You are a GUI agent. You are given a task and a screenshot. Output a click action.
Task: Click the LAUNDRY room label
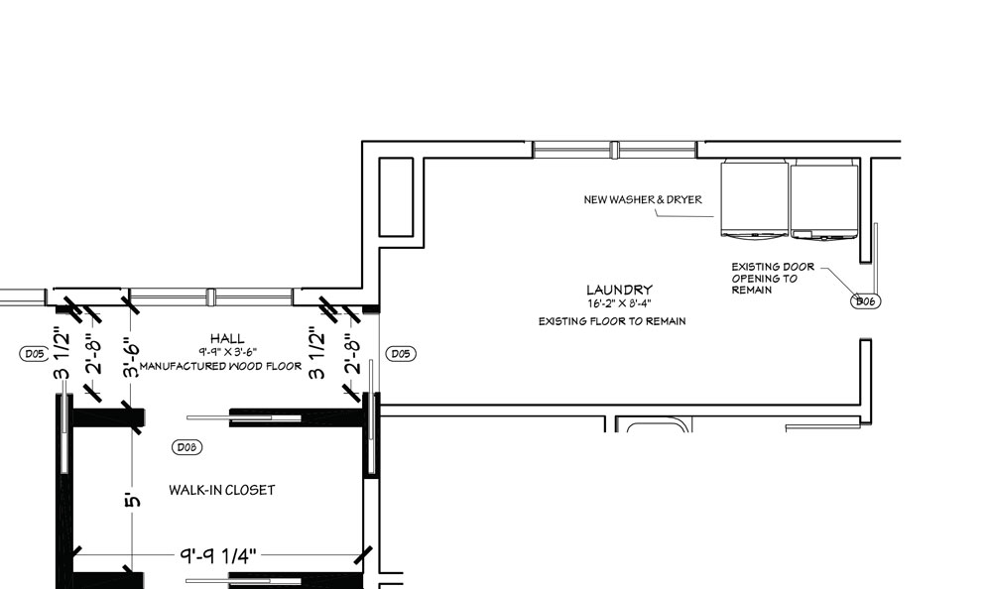point(619,290)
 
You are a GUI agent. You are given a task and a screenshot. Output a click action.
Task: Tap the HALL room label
point(227,339)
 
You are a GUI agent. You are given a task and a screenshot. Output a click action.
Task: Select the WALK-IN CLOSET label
point(222,490)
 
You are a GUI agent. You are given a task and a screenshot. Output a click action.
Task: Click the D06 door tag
point(865,301)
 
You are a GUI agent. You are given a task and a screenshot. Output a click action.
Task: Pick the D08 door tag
point(187,447)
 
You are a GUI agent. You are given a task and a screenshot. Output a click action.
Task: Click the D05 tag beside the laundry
point(401,354)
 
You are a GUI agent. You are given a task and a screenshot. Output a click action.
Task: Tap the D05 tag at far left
point(34,354)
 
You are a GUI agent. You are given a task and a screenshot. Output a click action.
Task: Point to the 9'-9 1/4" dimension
point(218,556)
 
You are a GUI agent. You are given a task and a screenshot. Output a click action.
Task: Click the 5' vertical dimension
point(132,499)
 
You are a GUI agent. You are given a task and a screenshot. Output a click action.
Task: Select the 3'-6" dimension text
point(131,360)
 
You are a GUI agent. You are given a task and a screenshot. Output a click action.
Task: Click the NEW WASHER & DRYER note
point(643,200)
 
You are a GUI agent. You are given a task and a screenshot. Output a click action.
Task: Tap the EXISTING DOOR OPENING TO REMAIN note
point(773,279)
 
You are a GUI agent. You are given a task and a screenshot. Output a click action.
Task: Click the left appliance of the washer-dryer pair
point(755,199)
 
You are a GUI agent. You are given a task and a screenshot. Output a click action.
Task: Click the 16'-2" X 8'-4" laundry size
point(619,303)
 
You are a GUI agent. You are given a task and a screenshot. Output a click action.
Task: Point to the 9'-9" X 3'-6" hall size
point(228,352)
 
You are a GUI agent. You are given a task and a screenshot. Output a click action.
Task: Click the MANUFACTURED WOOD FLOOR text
point(221,366)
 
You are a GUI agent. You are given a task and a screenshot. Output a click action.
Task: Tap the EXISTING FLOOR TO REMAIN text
point(612,321)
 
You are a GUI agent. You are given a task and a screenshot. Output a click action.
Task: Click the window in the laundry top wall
point(614,150)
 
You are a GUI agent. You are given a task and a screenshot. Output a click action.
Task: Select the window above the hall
point(211,296)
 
